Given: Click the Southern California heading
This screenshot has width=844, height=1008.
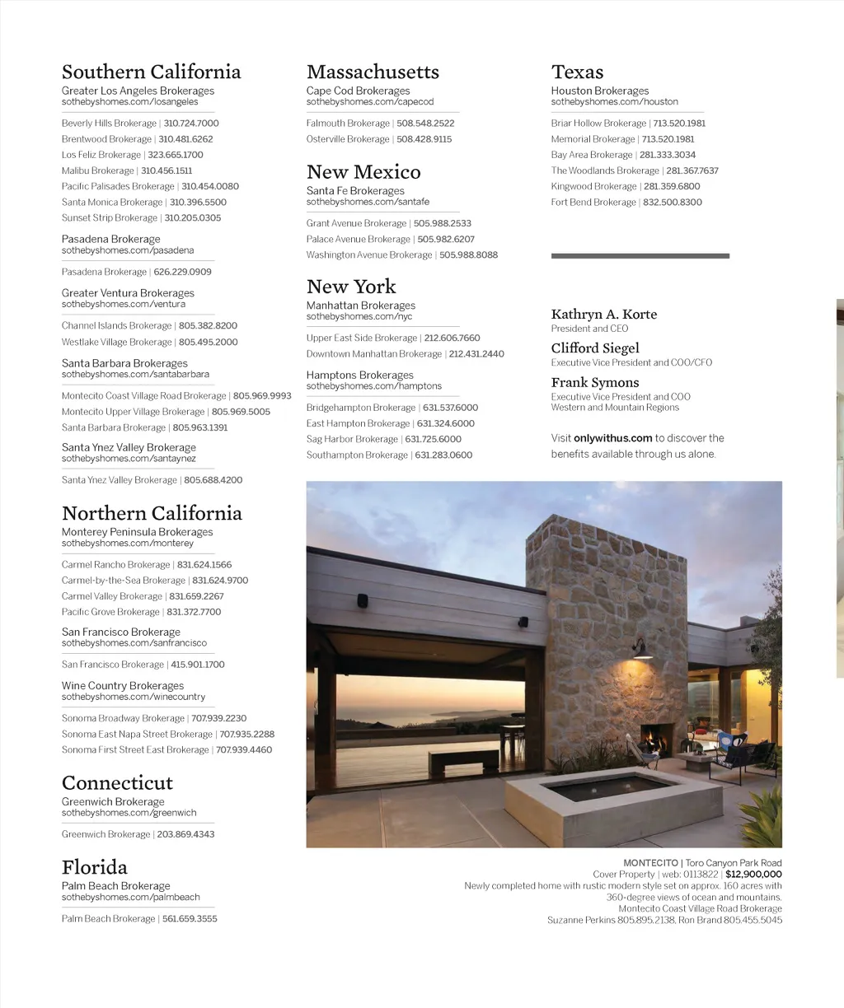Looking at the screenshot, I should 151,72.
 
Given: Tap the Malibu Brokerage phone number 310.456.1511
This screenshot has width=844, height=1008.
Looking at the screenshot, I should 166,170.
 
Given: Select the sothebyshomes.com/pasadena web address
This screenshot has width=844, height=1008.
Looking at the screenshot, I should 128,250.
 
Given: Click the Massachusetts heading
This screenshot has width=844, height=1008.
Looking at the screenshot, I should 373,72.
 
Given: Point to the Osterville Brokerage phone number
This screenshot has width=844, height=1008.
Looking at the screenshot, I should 424,139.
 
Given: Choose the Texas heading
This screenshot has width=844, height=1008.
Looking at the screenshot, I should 577,72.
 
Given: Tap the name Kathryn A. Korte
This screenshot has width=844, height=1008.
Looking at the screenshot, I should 604,315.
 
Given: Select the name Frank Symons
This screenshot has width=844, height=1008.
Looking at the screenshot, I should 595,383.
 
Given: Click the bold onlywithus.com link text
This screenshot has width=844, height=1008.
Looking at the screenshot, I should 612,438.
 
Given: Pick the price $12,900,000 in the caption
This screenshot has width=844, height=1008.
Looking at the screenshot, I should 753,875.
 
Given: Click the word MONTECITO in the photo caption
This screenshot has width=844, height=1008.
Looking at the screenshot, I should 650,863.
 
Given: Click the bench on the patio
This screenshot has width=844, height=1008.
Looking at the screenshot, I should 463,758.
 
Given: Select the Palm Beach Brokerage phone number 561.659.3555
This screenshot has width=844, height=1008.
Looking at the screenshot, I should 190,919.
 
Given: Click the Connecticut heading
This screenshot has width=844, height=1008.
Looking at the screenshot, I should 117,783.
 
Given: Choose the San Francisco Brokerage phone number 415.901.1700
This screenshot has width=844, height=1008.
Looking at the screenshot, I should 198,665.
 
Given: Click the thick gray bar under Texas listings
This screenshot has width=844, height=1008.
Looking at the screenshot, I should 640,256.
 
